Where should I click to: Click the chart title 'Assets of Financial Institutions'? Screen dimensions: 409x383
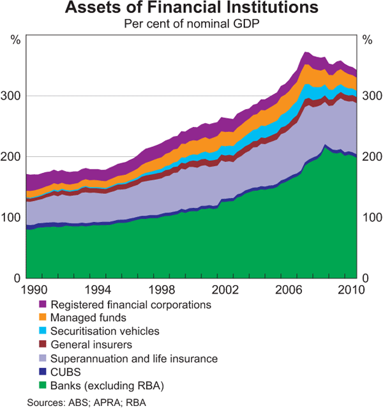(191, 9)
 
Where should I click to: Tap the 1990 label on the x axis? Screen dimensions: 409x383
(34, 291)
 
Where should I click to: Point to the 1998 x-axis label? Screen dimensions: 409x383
(160, 291)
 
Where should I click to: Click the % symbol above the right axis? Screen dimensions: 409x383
(367, 40)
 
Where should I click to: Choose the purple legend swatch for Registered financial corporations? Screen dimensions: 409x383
(43, 304)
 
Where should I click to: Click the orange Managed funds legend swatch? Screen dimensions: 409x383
(43, 317)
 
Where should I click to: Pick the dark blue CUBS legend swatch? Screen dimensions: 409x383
(43, 372)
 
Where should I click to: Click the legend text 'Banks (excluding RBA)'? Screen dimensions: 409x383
(107, 386)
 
